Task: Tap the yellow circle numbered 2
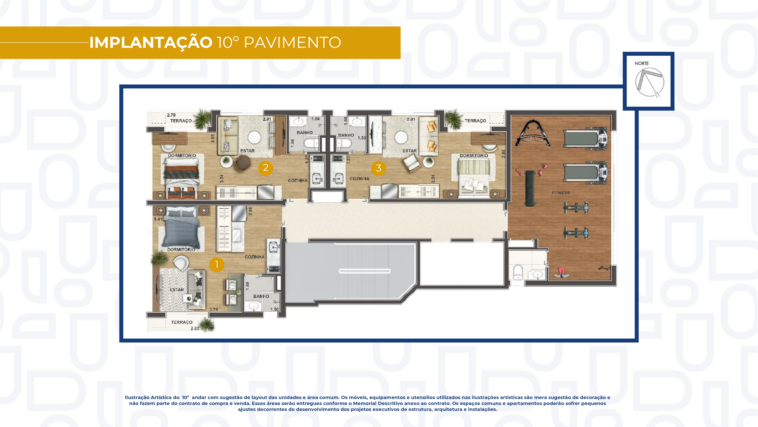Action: [x=265, y=168]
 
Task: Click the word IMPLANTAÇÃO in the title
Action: [x=151, y=42]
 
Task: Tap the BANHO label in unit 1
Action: [x=261, y=296]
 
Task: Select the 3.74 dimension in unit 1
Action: [x=214, y=309]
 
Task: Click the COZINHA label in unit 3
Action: [x=359, y=179]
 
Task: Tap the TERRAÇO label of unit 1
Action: [x=182, y=322]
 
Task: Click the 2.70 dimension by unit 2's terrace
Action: [x=171, y=115]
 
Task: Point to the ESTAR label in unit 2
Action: [x=247, y=151]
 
